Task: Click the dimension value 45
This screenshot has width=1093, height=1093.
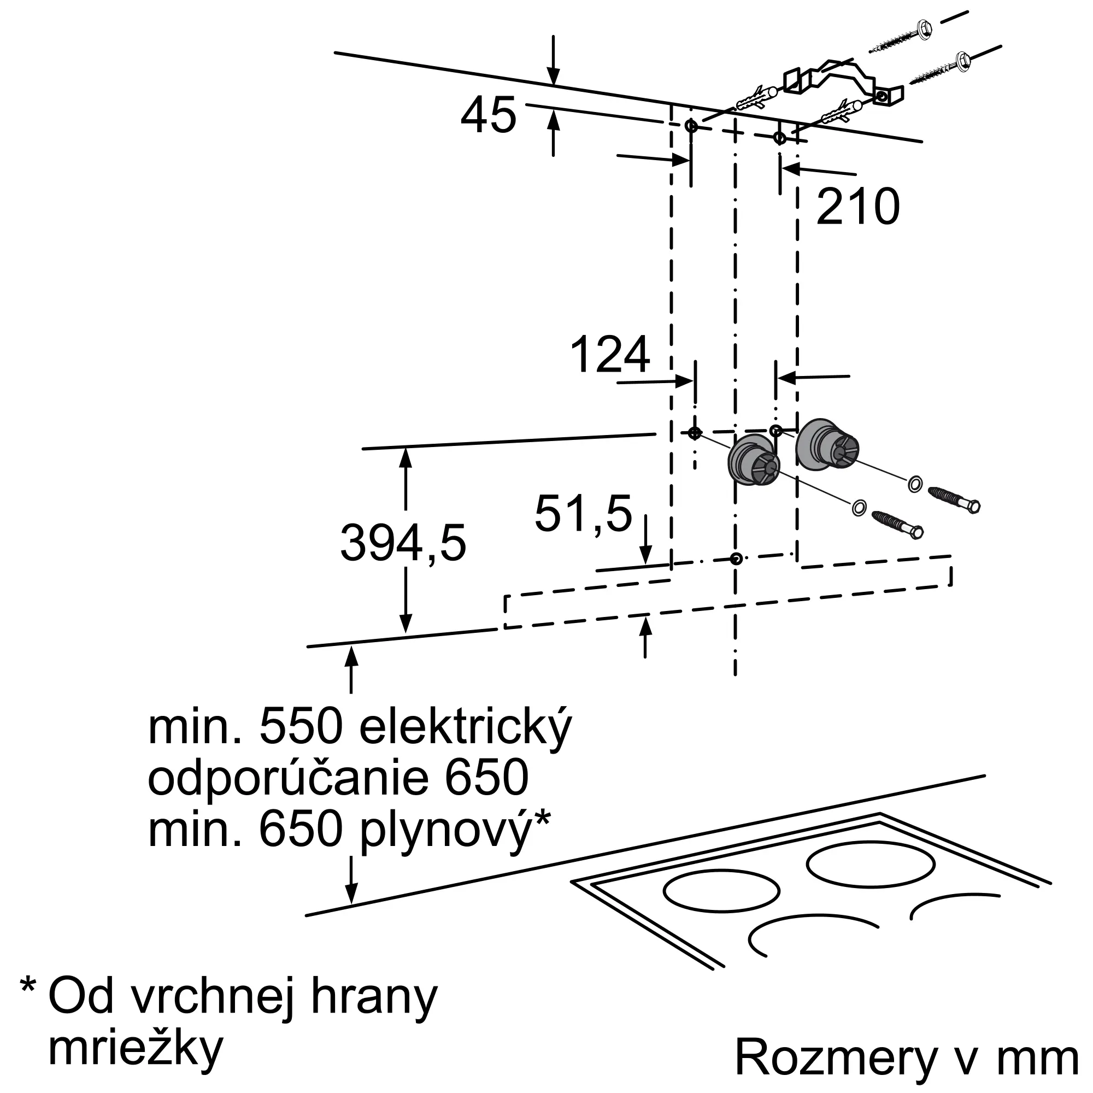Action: pos(488,115)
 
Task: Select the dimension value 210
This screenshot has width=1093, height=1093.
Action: pos(857,207)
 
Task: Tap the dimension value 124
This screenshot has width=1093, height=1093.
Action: pos(610,355)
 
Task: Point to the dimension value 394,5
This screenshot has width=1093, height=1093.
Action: pos(403,543)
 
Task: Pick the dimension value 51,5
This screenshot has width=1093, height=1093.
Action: pos(583,514)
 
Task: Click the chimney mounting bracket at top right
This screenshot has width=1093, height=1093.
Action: pos(837,82)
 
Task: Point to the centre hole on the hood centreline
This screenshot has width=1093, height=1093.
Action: pos(736,559)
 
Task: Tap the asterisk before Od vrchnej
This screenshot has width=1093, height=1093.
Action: pos(28,986)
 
